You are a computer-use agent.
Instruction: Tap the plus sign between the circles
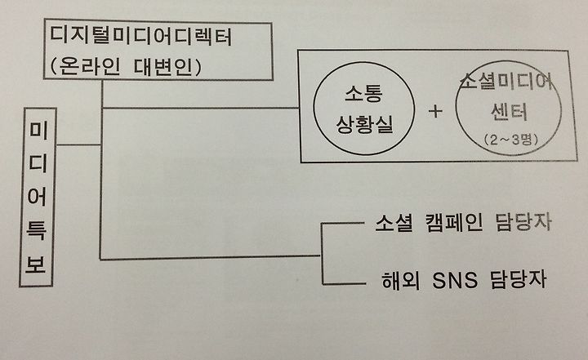click(x=434, y=111)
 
